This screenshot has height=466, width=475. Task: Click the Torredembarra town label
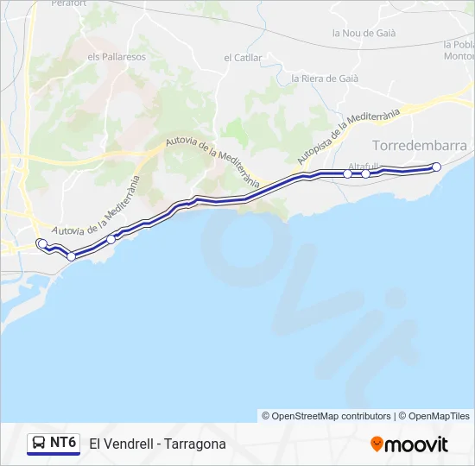tap(419, 145)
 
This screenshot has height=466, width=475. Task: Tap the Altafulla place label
tap(363, 166)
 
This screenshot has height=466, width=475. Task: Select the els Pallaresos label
tap(117, 57)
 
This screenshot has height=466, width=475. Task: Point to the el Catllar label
tap(242, 58)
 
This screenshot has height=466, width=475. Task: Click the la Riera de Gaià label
tap(325, 78)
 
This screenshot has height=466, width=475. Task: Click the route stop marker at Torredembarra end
tap(436, 167)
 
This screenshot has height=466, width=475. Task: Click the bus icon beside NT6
tap(40, 444)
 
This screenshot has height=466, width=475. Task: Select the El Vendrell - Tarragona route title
tap(157, 444)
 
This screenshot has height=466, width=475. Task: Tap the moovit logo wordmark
tap(416, 444)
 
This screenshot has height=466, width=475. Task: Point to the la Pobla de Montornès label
tap(459, 50)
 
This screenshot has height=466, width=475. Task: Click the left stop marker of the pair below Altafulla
tap(348, 174)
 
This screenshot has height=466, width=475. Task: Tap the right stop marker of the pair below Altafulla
tap(366, 174)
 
